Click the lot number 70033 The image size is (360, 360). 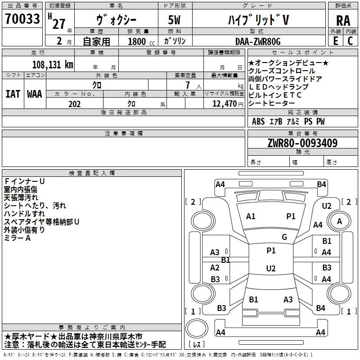(x=23, y=20)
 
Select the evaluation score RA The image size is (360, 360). (x=343, y=21)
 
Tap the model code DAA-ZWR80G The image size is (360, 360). (x=258, y=41)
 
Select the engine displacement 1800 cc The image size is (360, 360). (x=137, y=42)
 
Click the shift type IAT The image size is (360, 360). (x=13, y=94)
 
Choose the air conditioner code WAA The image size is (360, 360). (x=35, y=94)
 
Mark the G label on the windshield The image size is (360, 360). (x=284, y=237)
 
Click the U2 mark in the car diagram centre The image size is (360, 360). (x=270, y=268)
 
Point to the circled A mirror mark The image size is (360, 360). (x=339, y=221)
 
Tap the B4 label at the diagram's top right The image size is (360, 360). (x=321, y=184)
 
